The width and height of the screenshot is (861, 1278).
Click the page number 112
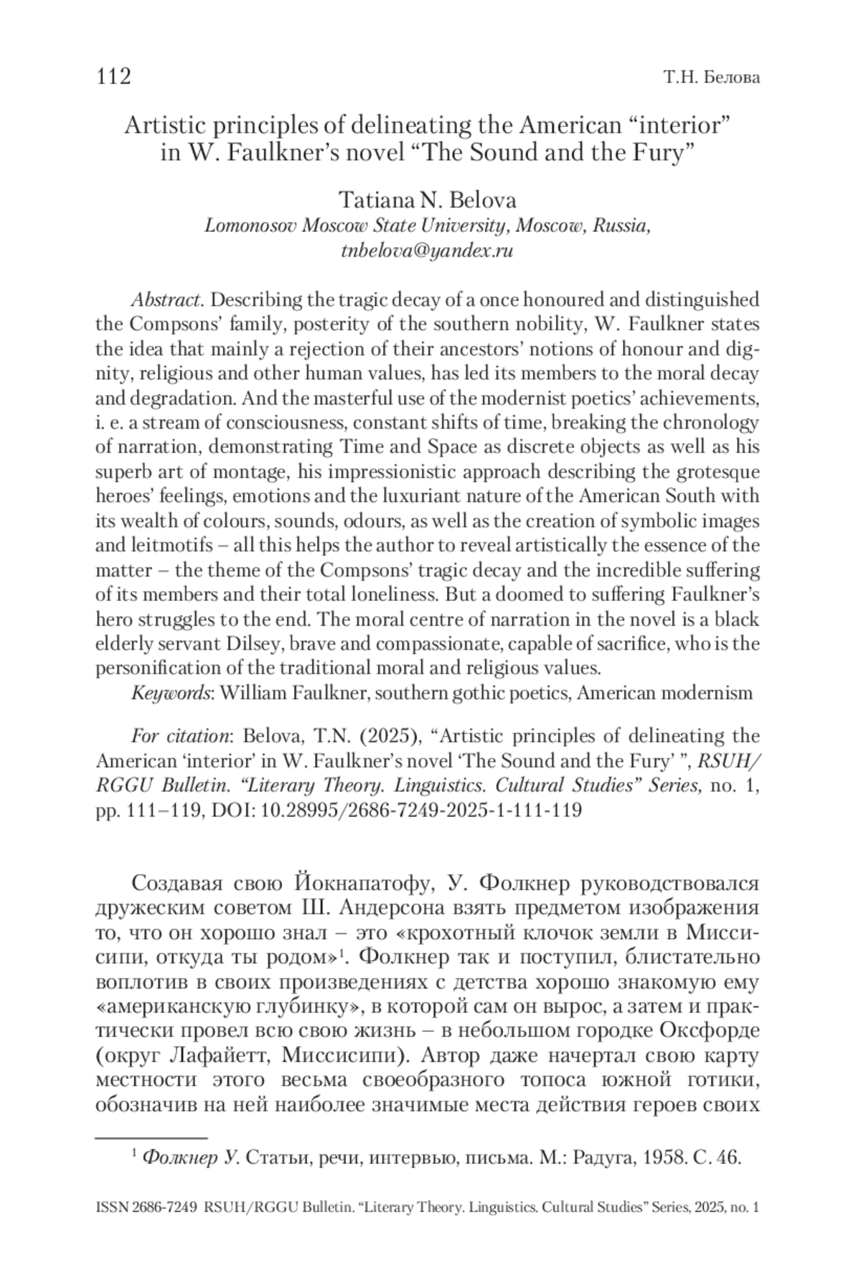click(x=113, y=76)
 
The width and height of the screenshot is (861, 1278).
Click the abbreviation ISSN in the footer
click(x=112, y=1208)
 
